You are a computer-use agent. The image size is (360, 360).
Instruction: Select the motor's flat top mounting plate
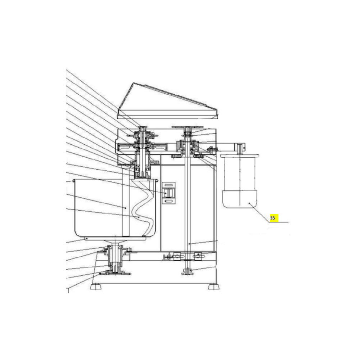239,156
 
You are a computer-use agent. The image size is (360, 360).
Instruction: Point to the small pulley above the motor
240,148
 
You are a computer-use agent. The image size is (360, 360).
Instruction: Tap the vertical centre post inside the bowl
126,202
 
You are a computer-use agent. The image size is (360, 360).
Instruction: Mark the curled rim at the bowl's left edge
74,181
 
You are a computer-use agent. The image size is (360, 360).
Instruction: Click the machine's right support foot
214,287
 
